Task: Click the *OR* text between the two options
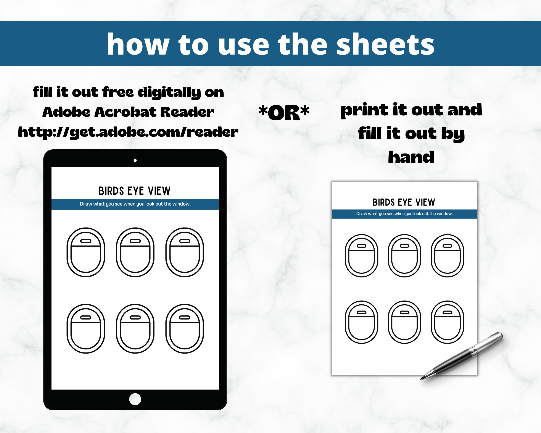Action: point(284,112)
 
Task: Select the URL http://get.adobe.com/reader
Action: point(128,132)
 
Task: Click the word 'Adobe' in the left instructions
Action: point(66,112)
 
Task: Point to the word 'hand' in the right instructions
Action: point(411,157)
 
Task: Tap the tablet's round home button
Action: point(135,399)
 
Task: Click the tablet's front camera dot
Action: point(135,160)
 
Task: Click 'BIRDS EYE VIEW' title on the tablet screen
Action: point(135,191)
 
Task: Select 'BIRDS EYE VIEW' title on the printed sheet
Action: point(404,202)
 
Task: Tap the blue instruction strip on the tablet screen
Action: point(135,204)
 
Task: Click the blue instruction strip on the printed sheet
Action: point(404,214)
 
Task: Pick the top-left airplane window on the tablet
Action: point(86,252)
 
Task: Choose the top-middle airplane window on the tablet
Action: point(135,252)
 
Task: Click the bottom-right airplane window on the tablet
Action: point(184,329)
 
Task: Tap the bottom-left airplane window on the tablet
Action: point(86,329)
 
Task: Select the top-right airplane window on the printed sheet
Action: point(447,255)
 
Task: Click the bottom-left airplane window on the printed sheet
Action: point(361,322)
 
